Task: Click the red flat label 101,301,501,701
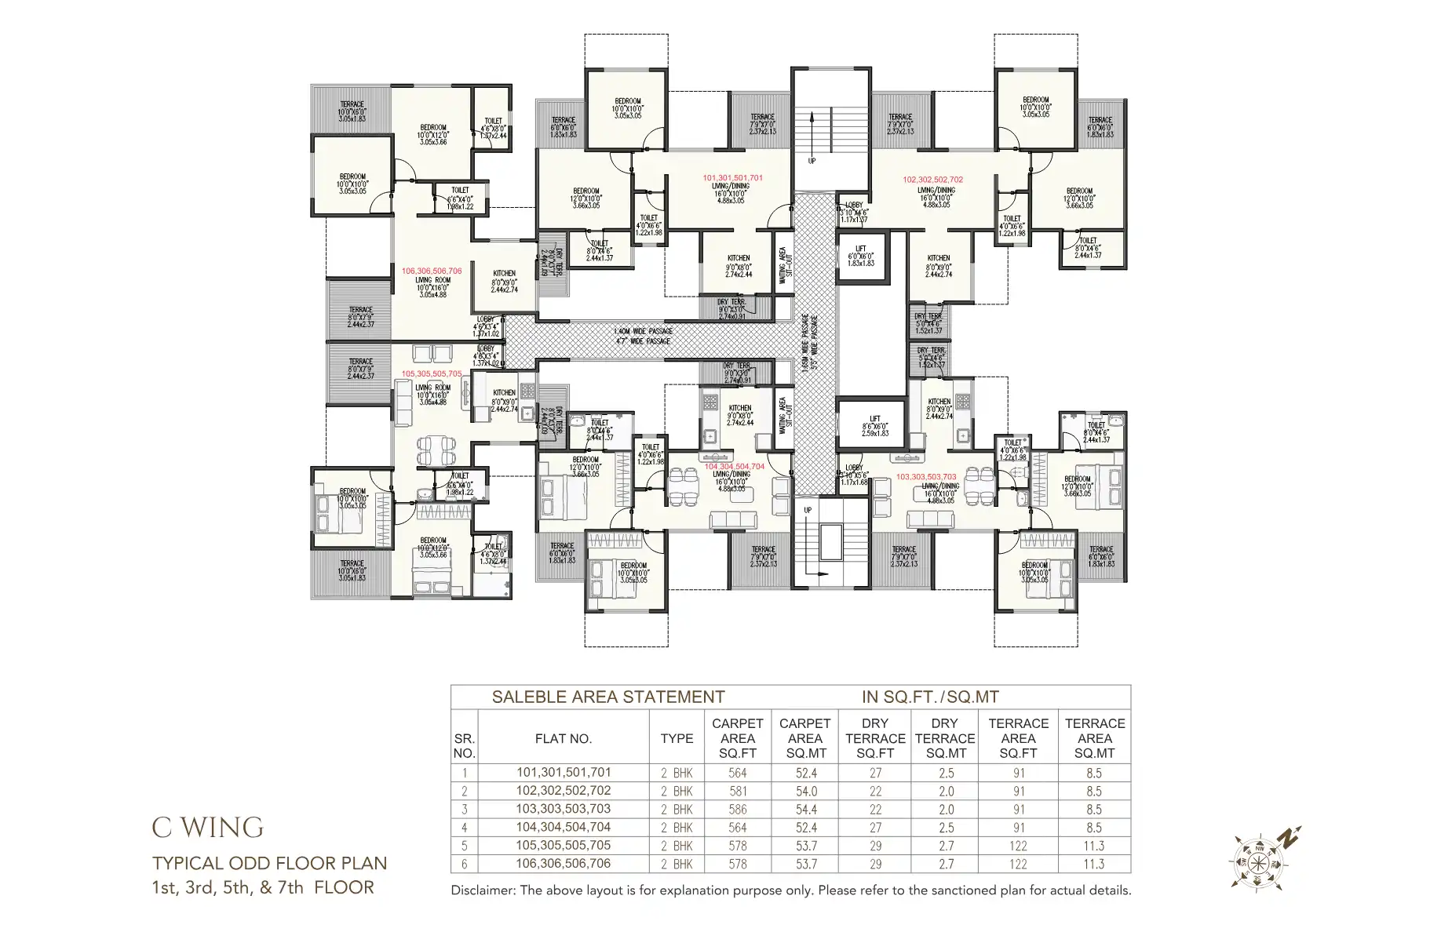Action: [x=732, y=178]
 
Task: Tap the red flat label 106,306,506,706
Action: [x=432, y=271]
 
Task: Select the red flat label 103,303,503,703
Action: [x=926, y=477]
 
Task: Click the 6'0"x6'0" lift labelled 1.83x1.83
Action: [x=860, y=257]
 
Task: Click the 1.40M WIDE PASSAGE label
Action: [x=643, y=332]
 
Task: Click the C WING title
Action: [x=208, y=827]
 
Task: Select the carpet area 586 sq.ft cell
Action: [x=737, y=809]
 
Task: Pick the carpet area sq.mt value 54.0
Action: [x=805, y=791]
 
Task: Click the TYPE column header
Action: [x=677, y=738]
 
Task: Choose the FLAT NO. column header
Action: [x=563, y=738]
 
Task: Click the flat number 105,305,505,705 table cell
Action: [x=563, y=845]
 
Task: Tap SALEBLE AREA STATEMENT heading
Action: [x=607, y=697]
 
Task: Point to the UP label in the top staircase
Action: [x=812, y=161]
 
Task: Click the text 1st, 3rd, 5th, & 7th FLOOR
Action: [x=263, y=887]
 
